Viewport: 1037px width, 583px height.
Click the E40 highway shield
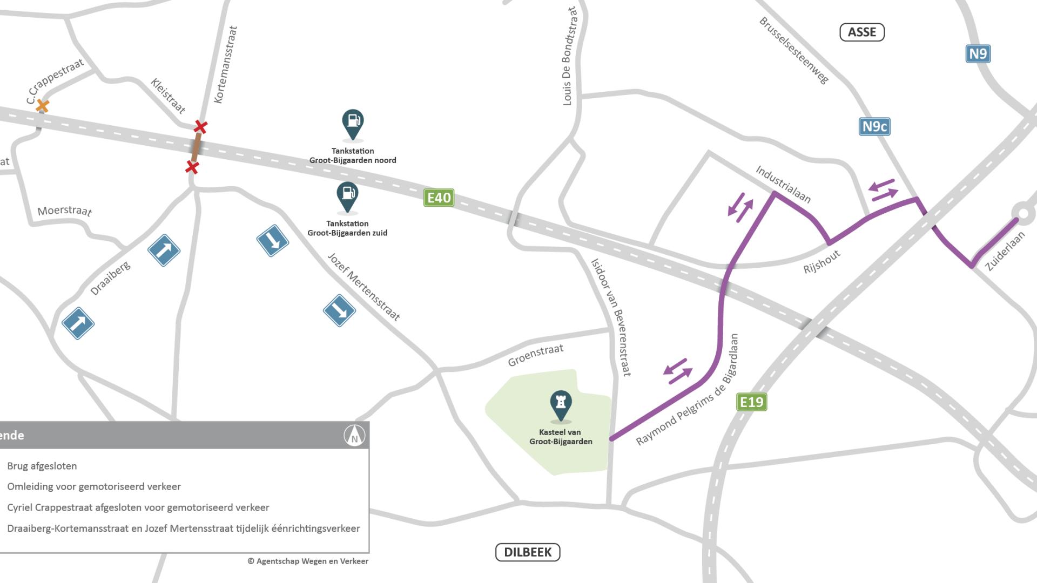pyautogui.click(x=439, y=198)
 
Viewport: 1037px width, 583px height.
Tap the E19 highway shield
pyautogui.click(x=751, y=402)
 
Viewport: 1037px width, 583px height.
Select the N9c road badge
pyautogui.click(x=874, y=127)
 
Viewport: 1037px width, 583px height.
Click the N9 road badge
pyautogui.click(x=978, y=54)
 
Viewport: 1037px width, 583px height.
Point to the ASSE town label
pyautogui.click(x=862, y=32)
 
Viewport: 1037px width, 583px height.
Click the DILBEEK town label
pyautogui.click(x=528, y=552)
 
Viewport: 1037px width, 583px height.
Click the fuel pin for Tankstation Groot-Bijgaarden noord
pyautogui.click(x=353, y=123)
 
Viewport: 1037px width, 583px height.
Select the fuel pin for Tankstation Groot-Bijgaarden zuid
pyautogui.click(x=347, y=195)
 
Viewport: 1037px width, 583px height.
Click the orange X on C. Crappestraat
pyautogui.click(x=42, y=106)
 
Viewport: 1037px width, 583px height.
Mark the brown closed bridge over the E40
pyautogui.click(x=197, y=147)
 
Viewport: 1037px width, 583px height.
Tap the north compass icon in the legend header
pyautogui.click(x=354, y=435)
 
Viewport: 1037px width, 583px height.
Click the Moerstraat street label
pyautogui.click(x=65, y=211)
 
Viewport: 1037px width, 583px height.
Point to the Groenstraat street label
pyautogui.click(x=535, y=355)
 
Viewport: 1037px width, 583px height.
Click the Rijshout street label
pyautogui.click(x=821, y=262)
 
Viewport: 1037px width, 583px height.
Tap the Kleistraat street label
pyautogui.click(x=168, y=96)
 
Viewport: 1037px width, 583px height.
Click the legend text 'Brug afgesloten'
pyautogui.click(x=42, y=466)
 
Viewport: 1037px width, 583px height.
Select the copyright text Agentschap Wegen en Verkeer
pyautogui.click(x=308, y=561)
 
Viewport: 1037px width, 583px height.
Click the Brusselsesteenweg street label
pyautogui.click(x=793, y=50)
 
